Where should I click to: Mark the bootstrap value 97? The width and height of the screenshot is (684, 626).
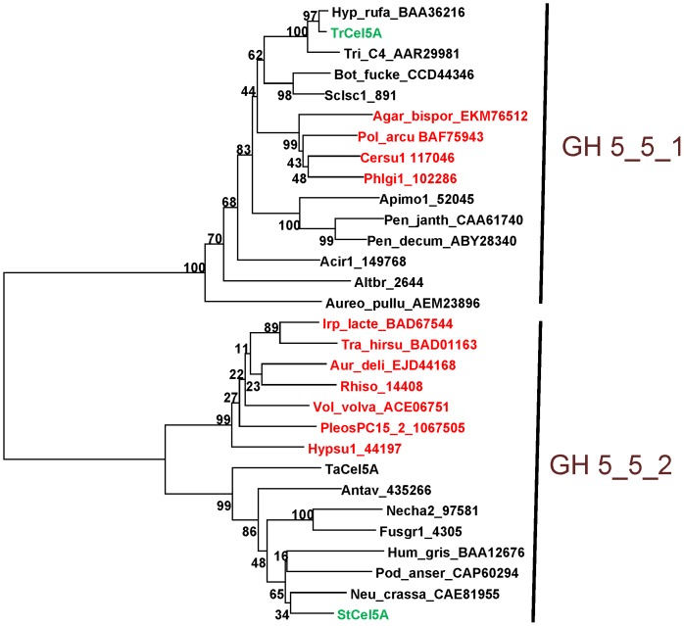pos(312,15)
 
